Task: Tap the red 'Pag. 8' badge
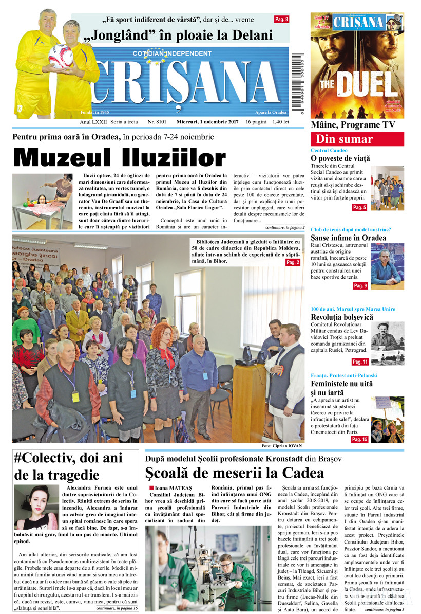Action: [281, 20]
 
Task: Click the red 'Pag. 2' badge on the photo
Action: [293, 263]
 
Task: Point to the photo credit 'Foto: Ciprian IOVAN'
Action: [282, 445]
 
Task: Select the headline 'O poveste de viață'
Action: [340, 159]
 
